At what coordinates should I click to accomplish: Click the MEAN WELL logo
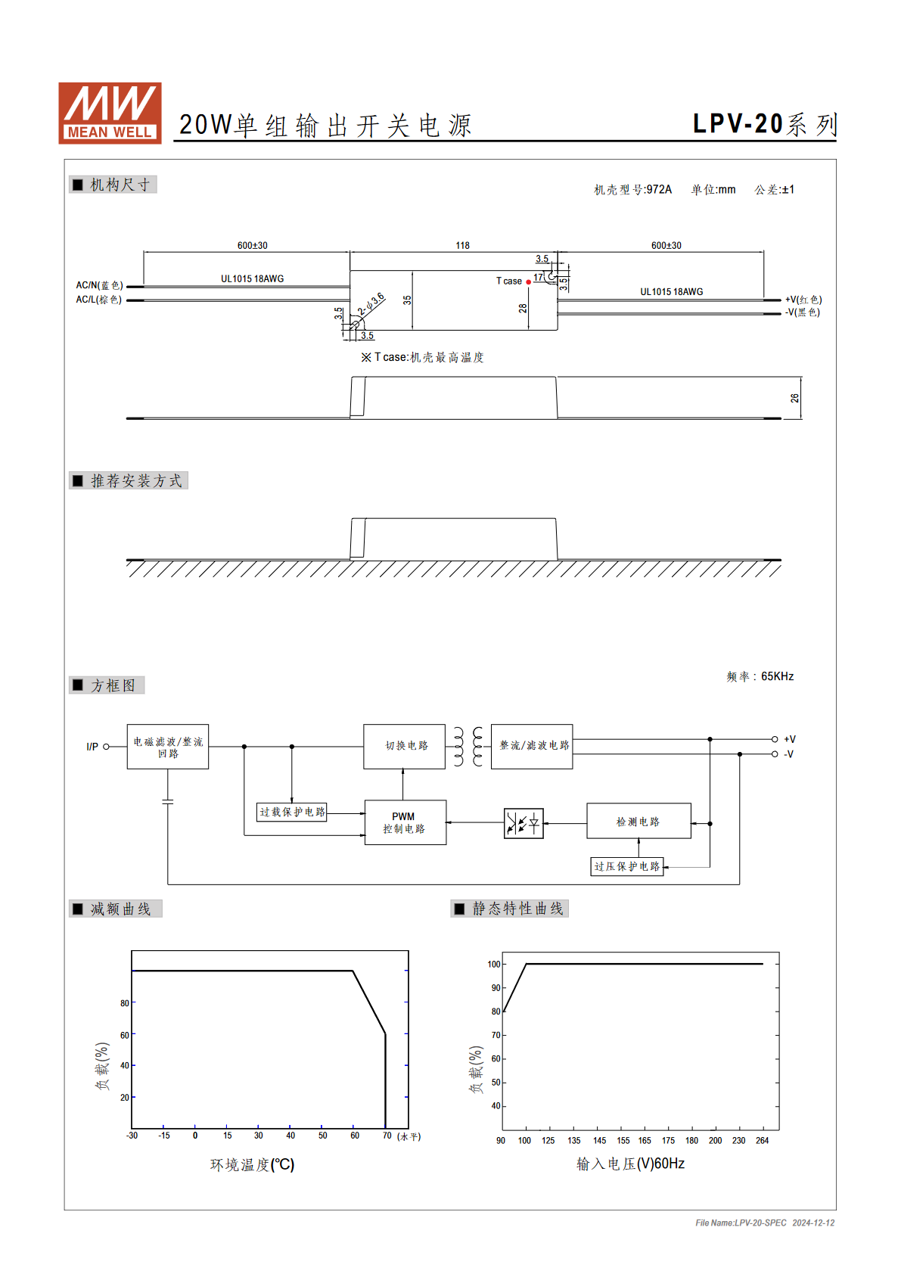pyautogui.click(x=110, y=113)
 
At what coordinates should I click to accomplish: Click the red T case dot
pyautogui.click(x=529, y=282)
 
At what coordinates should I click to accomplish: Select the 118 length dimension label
pyautogui.click(x=462, y=246)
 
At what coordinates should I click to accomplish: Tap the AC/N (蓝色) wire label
pyautogui.click(x=100, y=285)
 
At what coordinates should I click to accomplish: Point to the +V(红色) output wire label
pyautogui.click(x=803, y=299)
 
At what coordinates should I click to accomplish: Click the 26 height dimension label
pyautogui.click(x=794, y=398)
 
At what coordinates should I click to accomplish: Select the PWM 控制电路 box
pyautogui.click(x=405, y=822)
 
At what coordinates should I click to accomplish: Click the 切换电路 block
pyautogui.click(x=405, y=746)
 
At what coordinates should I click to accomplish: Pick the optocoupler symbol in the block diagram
pyautogui.click(x=524, y=823)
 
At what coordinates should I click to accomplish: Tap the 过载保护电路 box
pyautogui.click(x=292, y=812)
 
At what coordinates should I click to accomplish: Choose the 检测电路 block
pyautogui.click(x=638, y=821)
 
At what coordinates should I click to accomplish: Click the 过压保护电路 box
pyautogui.click(x=627, y=866)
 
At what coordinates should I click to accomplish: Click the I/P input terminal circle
pyautogui.click(x=106, y=747)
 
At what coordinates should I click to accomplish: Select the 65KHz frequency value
pyautogui.click(x=777, y=676)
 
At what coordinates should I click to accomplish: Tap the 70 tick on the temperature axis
pyautogui.click(x=387, y=1136)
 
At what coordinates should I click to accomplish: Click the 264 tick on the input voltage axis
pyautogui.click(x=763, y=1140)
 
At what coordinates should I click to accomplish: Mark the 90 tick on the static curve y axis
pyautogui.click(x=496, y=988)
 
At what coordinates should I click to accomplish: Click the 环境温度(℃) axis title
pyautogui.click(x=252, y=1165)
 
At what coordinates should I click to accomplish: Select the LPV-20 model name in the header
pyautogui.click(x=738, y=123)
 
